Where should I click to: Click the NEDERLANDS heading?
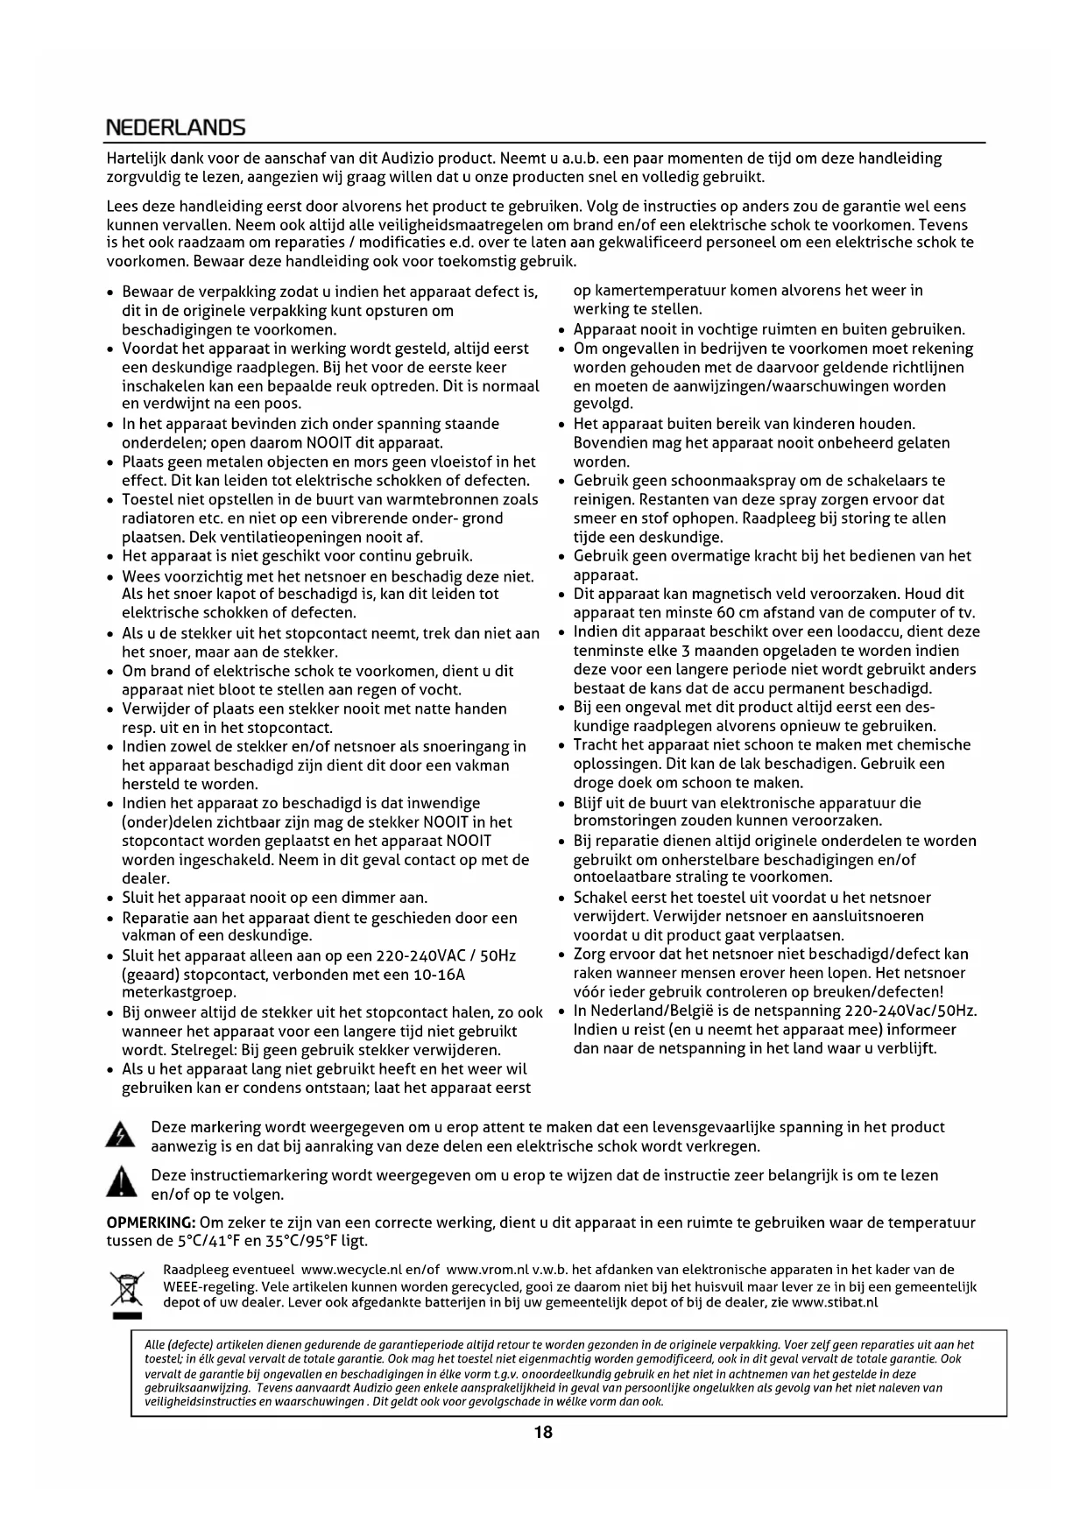[175, 128]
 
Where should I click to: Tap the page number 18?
[543, 1433]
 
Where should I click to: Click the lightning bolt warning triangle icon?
[120, 1136]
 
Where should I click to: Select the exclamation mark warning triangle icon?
[120, 1183]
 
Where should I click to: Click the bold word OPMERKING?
[151, 1222]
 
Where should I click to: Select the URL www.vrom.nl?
[487, 1269]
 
